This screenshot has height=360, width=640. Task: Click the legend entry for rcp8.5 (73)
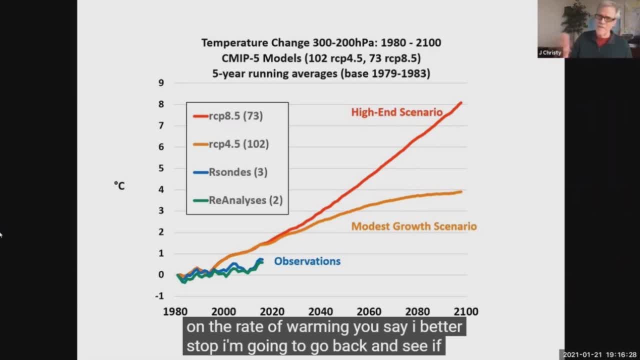(235, 116)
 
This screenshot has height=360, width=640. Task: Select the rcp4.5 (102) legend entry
(238, 144)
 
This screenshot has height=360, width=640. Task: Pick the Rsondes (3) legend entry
(237, 172)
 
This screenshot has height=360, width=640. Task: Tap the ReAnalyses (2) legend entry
(245, 200)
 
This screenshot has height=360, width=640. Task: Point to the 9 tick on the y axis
(161, 82)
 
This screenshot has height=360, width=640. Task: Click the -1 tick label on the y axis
(159, 295)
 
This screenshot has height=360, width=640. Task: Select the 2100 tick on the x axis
(466, 311)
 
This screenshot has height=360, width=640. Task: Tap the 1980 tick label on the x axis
(175, 311)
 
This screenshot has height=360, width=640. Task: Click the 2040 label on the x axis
(320, 311)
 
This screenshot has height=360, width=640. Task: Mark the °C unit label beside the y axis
(119, 185)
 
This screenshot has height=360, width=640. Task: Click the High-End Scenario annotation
(396, 112)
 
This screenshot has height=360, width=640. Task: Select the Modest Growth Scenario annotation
(413, 226)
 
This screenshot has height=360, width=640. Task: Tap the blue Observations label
(307, 261)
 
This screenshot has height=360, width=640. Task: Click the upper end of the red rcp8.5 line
(460, 103)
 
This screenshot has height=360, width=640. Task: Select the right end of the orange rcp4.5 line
(460, 191)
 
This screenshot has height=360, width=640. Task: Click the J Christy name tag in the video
(550, 52)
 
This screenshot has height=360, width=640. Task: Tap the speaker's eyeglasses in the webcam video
(605, 18)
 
